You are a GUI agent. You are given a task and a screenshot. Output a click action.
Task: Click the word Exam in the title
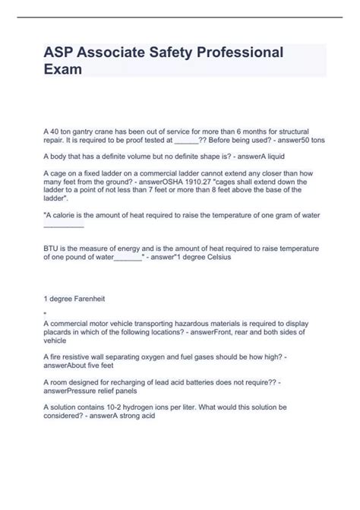63,68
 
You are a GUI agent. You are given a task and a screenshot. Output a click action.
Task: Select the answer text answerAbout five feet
77,364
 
